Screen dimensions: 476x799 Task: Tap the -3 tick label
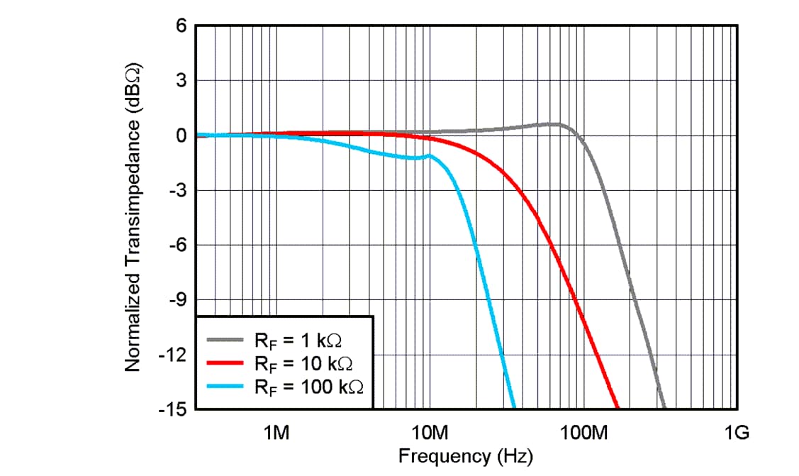(177, 190)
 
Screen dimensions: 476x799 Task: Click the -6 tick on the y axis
(177, 245)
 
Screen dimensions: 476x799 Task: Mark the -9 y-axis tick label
(177, 300)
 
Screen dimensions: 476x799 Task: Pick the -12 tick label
(174, 355)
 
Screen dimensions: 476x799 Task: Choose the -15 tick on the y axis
(174, 409)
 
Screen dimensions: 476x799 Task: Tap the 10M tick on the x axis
(430, 433)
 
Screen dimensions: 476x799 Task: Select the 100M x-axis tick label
(583, 433)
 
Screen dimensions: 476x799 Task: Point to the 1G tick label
(737, 433)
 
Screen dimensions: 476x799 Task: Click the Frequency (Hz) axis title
(465, 455)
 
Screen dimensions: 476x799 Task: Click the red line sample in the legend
(224, 363)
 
